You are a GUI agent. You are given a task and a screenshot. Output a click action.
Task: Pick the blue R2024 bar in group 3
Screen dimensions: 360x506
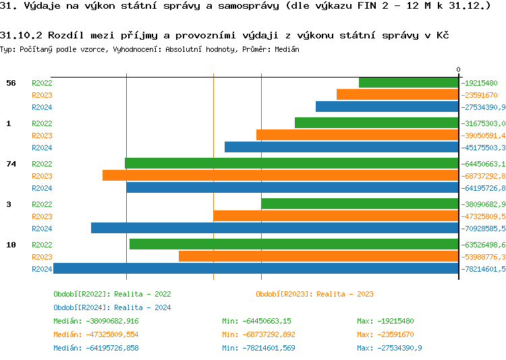coord(275,228)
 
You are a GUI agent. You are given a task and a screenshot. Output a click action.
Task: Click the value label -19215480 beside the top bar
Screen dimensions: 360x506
coord(480,83)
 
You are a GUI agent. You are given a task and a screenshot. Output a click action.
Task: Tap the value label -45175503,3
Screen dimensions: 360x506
coord(484,148)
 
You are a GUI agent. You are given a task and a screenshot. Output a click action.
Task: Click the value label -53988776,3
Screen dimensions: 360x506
coord(484,257)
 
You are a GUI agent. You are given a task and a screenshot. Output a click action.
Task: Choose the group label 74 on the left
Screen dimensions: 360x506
coord(11,164)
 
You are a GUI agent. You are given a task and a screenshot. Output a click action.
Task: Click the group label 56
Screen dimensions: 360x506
coord(11,83)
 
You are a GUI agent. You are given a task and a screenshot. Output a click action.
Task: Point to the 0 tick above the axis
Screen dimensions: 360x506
coord(458,69)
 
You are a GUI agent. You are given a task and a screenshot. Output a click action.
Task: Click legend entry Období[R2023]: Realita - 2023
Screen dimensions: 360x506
coord(314,294)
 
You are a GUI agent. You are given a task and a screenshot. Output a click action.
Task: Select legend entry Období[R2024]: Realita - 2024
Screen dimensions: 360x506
coord(112,307)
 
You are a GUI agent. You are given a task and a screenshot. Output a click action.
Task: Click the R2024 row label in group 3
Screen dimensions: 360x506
coord(42,229)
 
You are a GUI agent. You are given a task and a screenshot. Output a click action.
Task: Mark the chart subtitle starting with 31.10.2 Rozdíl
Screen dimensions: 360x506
coord(225,34)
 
